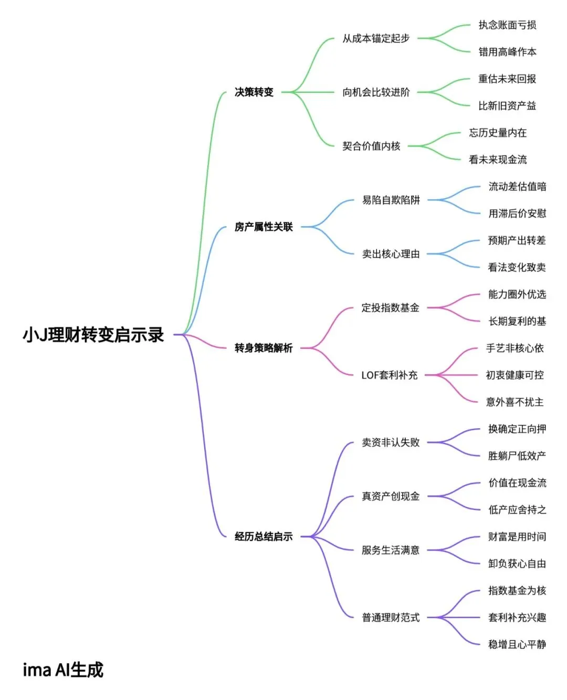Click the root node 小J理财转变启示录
click(93, 335)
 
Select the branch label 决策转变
click(254, 92)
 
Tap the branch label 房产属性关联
click(264, 227)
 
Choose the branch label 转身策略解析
click(264, 348)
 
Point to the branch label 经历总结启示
click(264, 537)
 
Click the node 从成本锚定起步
click(376, 38)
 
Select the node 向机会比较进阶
click(376, 92)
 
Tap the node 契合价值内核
click(371, 146)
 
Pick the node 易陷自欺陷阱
click(391, 200)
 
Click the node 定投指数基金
click(390, 308)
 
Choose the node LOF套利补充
click(389, 375)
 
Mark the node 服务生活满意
click(391, 550)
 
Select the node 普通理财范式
click(391, 618)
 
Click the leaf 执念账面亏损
click(507, 25)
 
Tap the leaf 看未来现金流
click(498, 160)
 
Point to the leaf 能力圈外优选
click(517, 294)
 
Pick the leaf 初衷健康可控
click(514, 375)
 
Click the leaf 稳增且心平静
click(517, 644)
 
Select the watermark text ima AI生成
click(63, 670)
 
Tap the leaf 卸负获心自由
click(517, 564)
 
